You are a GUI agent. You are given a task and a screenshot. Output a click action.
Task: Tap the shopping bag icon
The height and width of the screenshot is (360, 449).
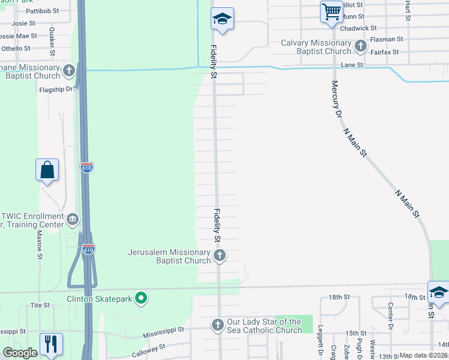point(47,170)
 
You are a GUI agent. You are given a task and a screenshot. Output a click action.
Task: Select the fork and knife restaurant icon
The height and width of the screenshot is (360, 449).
point(50,344)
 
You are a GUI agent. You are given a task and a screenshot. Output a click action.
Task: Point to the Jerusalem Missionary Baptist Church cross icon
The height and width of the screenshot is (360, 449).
point(220,256)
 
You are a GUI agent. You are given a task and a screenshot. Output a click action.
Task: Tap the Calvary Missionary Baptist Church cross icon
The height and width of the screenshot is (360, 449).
point(360,46)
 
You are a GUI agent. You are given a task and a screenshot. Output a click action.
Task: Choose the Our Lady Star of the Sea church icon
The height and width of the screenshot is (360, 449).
point(217,325)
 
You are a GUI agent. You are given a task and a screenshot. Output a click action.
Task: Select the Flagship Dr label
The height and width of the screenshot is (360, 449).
point(56,89)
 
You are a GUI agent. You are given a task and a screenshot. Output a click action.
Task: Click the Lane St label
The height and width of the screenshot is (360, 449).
point(352,64)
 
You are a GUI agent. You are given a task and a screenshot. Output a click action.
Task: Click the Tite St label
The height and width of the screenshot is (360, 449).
point(40,305)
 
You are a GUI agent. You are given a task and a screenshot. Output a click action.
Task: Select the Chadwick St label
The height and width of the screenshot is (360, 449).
point(358,28)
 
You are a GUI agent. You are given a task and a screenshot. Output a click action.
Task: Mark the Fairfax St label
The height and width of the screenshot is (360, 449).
point(384,52)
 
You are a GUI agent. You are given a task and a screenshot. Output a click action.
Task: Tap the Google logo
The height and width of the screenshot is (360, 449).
point(19,353)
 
